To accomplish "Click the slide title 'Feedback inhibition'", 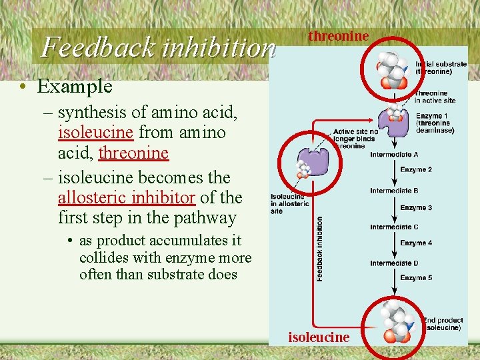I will (158, 47).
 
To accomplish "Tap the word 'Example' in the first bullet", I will (75, 86).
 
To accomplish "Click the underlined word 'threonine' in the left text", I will (133, 153).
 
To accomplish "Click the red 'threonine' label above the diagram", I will (338, 36).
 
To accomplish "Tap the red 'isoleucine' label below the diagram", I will (319, 337).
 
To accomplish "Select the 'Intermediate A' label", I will (394, 155).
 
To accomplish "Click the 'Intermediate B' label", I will (394, 191).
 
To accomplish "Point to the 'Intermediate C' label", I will (394, 227).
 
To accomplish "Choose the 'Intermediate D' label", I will (394, 263).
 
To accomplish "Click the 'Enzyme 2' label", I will (416, 170).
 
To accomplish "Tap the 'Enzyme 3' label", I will (416, 208).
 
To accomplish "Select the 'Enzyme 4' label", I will (416, 243).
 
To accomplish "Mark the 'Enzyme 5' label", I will (416, 278).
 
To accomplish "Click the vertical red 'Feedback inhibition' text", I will (320, 249).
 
